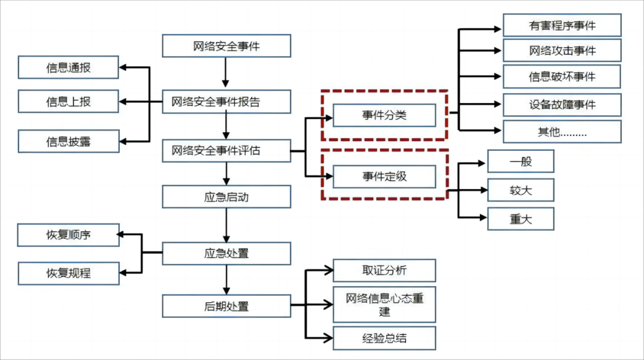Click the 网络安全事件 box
227,45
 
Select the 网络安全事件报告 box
227,101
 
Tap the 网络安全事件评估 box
227,151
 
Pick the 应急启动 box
227,197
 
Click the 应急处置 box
227,253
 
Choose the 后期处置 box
227,306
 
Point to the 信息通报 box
68,67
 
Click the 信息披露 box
69,141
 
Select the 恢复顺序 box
68,235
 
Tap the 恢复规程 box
69,273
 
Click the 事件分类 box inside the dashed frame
384,115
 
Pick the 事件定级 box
384,176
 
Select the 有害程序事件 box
562,26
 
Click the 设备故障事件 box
562,105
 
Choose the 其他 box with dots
562,132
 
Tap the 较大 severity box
521,190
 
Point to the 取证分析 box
384,270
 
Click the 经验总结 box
384,338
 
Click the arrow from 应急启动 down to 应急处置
227,225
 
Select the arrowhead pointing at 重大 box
484,217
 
